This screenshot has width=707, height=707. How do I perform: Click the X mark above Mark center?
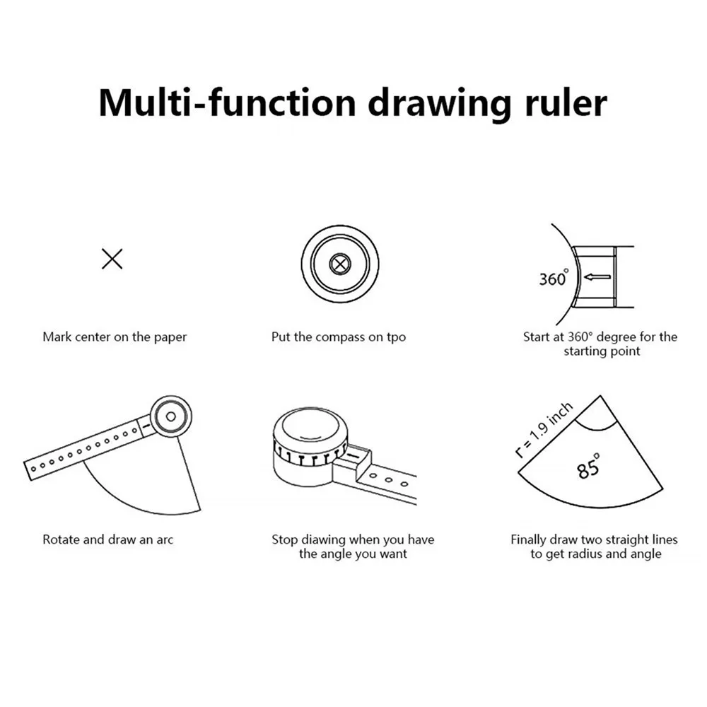[112, 259]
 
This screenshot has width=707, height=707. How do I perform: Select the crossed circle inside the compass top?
[340, 264]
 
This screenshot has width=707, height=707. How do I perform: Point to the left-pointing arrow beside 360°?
[597, 277]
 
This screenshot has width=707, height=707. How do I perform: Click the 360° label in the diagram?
[554, 278]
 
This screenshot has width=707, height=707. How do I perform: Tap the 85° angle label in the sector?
[588, 466]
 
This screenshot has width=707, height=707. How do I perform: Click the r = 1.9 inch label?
[544, 430]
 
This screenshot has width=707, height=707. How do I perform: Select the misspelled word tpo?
[396, 337]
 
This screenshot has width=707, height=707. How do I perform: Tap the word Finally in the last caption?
[528, 539]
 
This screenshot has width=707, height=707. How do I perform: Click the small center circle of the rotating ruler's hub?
[171, 416]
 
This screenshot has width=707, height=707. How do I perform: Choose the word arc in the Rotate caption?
[165, 540]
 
